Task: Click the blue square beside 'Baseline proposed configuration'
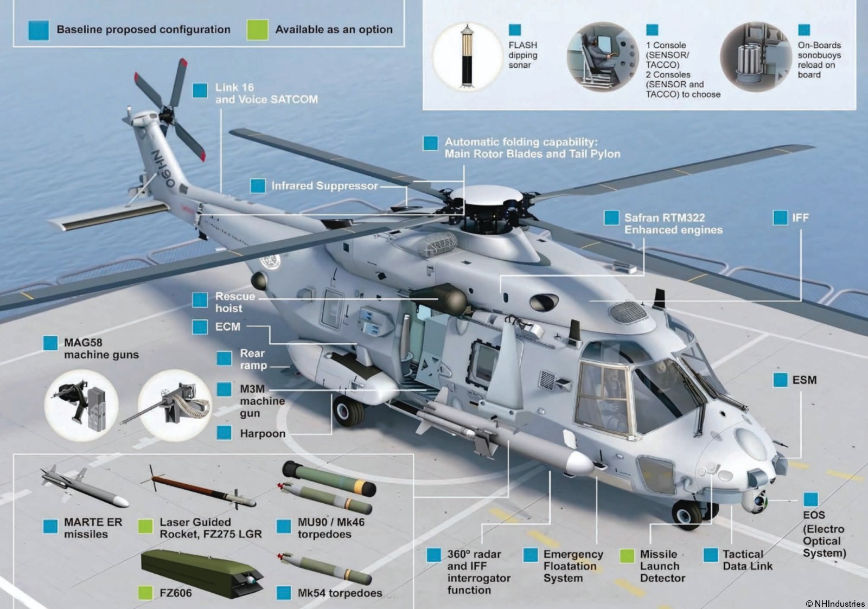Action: tap(39, 30)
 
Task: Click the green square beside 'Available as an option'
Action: tap(257, 30)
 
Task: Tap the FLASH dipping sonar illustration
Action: tap(467, 56)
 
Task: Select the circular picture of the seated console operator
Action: tap(602, 57)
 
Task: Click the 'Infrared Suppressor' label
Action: tap(324, 186)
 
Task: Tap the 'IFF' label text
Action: tap(800, 218)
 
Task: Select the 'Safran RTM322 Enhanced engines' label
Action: tap(673, 224)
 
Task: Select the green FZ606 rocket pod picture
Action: tap(201, 573)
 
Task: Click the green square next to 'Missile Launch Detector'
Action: tap(627, 555)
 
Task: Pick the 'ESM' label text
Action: tap(804, 380)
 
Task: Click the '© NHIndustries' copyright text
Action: tap(835, 603)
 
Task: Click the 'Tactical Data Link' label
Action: tap(747, 560)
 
